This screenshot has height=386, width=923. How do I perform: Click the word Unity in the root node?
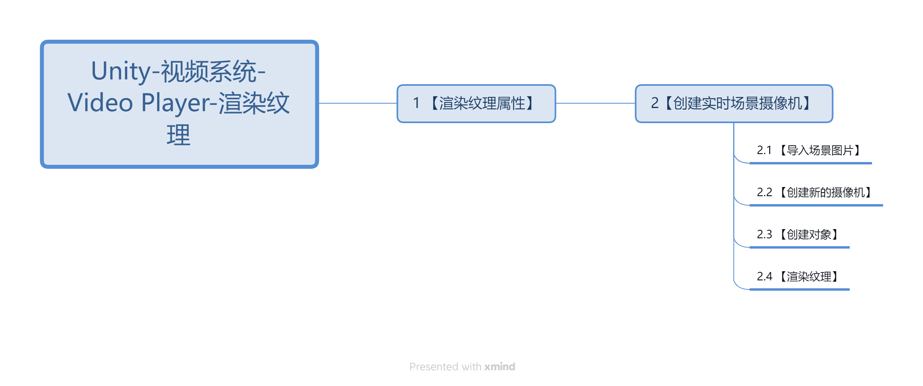[x=121, y=71]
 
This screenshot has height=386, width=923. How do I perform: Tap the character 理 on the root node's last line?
[x=179, y=135]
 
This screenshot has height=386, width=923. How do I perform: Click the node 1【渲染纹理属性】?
[x=476, y=103]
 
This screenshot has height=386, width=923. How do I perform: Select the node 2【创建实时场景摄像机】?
[x=734, y=103]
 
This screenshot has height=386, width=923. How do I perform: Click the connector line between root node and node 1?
[x=358, y=103]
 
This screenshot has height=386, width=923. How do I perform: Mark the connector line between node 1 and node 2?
[x=596, y=103]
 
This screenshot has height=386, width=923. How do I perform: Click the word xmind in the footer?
[x=500, y=367]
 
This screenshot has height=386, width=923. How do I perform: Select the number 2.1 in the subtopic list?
[x=764, y=151]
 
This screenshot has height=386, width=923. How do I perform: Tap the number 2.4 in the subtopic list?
[x=765, y=277]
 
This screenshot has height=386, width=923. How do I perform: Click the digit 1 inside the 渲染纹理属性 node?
[x=416, y=103]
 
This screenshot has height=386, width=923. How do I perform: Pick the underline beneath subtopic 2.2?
[x=816, y=205]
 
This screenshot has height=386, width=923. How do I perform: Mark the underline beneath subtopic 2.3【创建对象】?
[x=799, y=247]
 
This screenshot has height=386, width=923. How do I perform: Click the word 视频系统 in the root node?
[x=209, y=71]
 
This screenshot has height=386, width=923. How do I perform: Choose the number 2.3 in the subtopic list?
[x=765, y=235]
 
